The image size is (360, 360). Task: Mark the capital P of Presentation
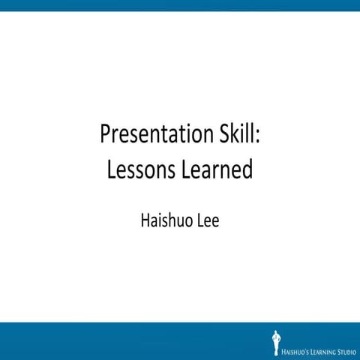pyautogui.click(x=106, y=136)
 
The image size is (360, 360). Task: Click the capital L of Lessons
pyautogui.click(x=111, y=169)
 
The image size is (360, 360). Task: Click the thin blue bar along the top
pyautogui.click(x=180, y=5)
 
